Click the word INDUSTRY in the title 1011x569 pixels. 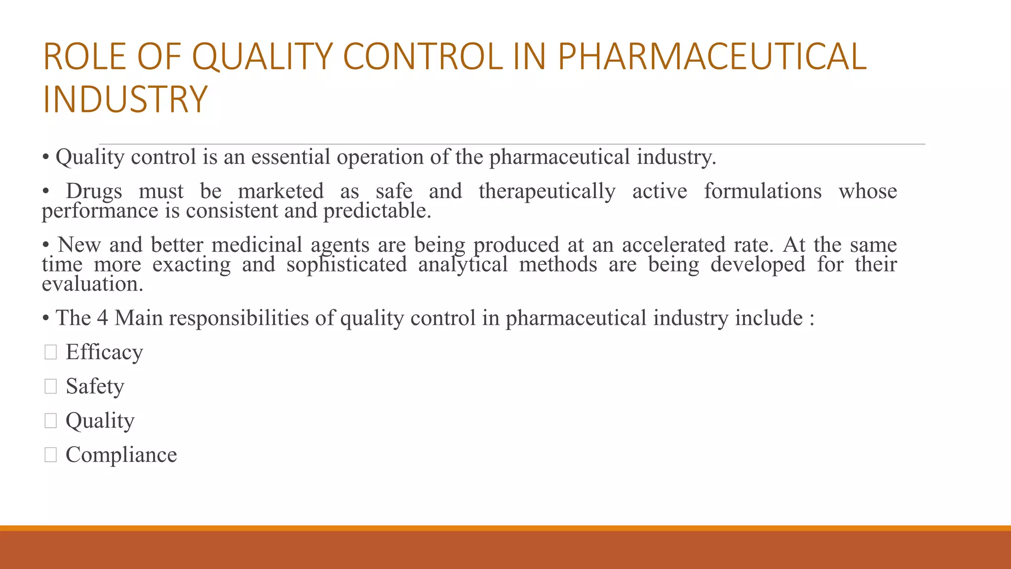click(x=125, y=100)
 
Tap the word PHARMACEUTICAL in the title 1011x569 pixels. click(x=712, y=57)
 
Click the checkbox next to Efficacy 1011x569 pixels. click(x=50, y=352)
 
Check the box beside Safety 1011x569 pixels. click(x=50, y=386)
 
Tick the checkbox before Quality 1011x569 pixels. click(x=50, y=420)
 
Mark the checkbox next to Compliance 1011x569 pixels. click(x=50, y=454)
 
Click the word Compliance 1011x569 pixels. click(x=121, y=454)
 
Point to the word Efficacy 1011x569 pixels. click(x=104, y=352)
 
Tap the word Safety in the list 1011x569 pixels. click(x=95, y=386)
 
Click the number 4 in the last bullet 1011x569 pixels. click(x=102, y=318)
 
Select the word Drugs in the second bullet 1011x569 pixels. click(x=94, y=191)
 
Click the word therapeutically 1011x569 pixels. click(x=547, y=191)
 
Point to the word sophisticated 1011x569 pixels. click(x=347, y=265)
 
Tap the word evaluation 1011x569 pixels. click(x=92, y=284)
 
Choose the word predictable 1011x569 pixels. click(x=377, y=211)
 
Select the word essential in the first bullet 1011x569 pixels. click(x=291, y=157)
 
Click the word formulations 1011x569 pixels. click(x=763, y=191)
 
